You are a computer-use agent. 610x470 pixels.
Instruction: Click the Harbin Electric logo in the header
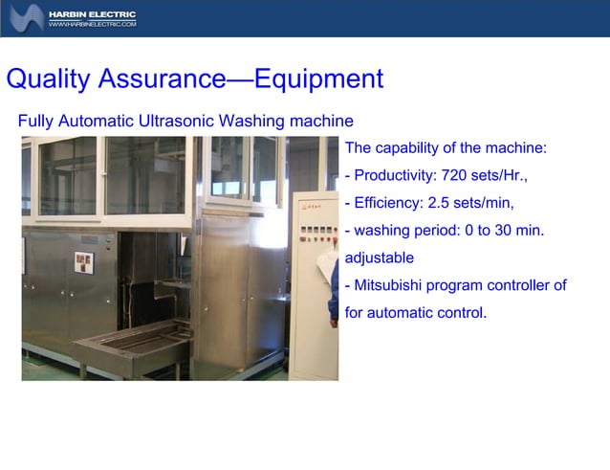(26, 17)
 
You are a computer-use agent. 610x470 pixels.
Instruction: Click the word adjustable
(379, 257)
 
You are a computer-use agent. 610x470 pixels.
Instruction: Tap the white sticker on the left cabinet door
(83, 260)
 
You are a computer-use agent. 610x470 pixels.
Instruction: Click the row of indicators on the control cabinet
(316, 231)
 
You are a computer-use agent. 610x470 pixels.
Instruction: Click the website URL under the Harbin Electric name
(93, 24)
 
